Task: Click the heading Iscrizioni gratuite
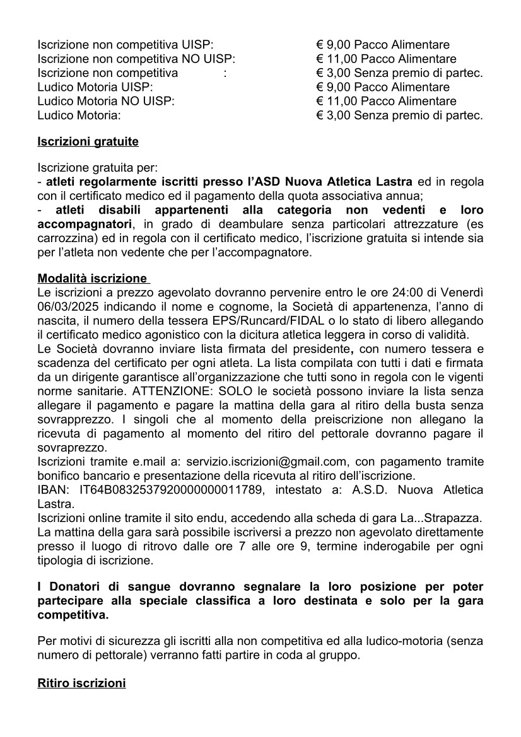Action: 88,142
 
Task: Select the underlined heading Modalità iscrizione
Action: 93,278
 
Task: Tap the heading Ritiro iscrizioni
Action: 82,683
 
